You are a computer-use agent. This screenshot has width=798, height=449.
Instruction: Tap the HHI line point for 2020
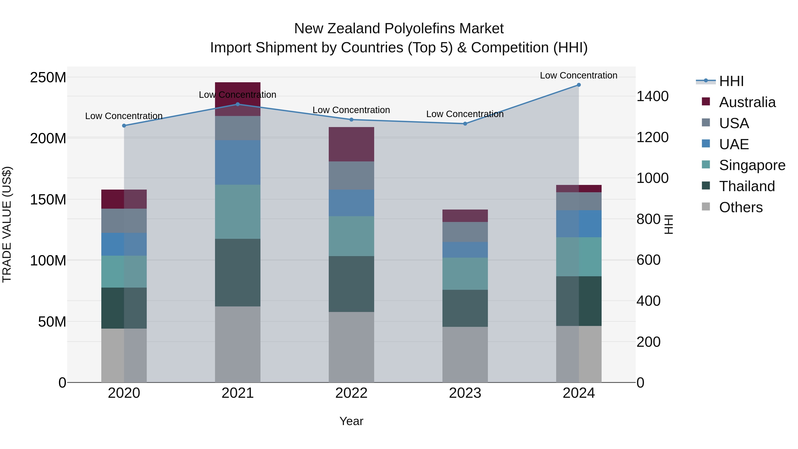[124, 125]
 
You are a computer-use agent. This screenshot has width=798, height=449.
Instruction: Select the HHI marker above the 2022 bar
[351, 120]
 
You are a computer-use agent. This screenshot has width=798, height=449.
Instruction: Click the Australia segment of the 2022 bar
[351, 144]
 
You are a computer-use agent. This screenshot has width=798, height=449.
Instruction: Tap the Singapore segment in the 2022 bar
[351, 236]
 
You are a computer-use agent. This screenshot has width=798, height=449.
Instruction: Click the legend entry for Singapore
[752, 165]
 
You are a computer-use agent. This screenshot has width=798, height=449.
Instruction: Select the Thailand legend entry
[747, 186]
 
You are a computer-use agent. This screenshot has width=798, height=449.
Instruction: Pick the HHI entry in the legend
[731, 81]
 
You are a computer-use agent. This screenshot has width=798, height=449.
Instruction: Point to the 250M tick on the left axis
[48, 77]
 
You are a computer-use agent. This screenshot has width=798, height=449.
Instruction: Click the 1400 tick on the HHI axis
[652, 96]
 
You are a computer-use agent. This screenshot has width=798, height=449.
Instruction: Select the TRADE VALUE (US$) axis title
[7, 224]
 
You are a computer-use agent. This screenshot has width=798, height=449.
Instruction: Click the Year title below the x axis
[351, 421]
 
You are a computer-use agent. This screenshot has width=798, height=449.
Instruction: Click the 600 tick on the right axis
[648, 260]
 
